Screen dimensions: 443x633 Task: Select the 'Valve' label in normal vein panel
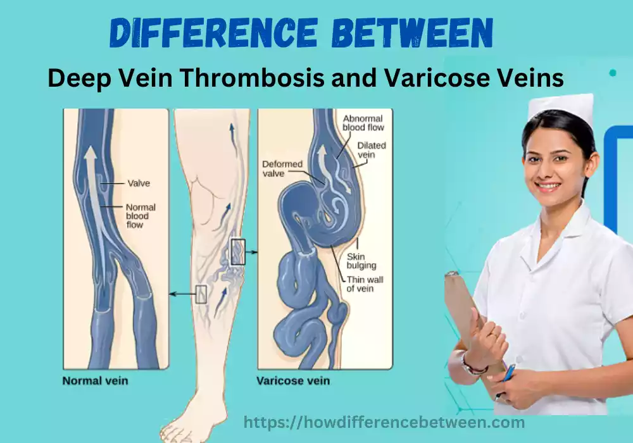point(138,184)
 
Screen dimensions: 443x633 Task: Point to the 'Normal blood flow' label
point(141,216)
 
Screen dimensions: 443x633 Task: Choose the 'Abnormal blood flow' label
point(363,123)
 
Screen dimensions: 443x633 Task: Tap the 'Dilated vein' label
point(371,150)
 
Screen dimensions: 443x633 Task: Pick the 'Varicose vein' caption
point(293,381)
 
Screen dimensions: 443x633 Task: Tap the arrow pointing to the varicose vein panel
point(251,252)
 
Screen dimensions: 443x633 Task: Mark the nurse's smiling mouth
point(548,187)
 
